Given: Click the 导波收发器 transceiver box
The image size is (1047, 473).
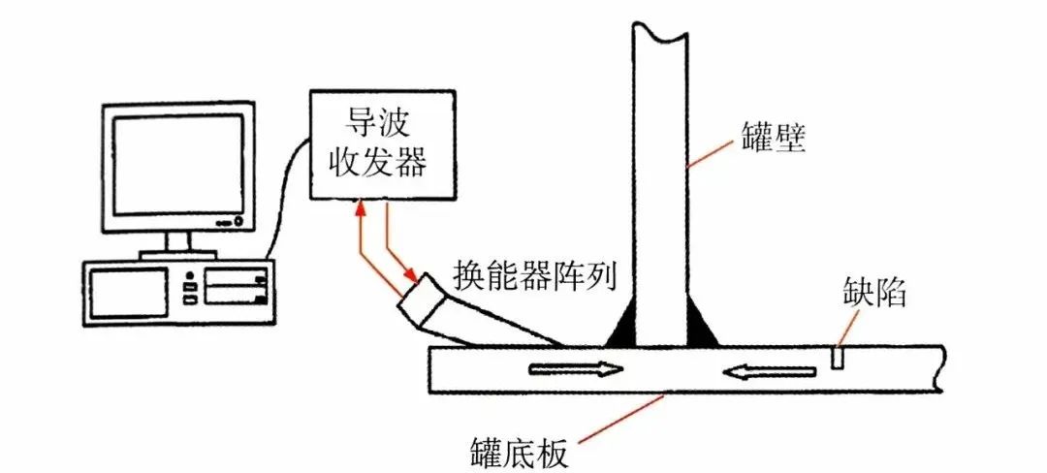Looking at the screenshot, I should [383, 145].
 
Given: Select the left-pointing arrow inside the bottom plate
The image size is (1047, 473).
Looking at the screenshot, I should [771, 369].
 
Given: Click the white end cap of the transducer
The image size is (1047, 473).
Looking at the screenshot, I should [418, 301].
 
